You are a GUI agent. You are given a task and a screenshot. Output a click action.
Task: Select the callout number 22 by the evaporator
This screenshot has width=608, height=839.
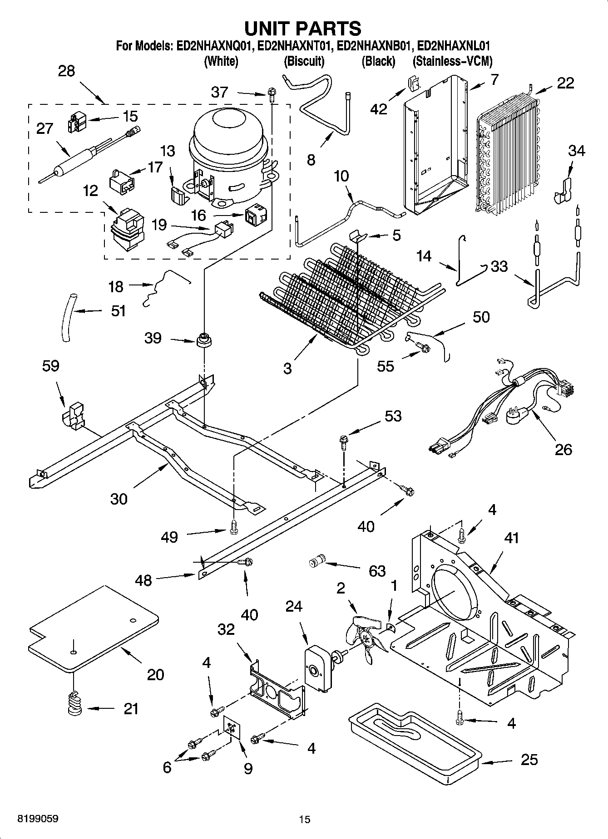click(565, 83)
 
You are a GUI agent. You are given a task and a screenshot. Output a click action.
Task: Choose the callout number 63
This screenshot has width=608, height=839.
click(377, 571)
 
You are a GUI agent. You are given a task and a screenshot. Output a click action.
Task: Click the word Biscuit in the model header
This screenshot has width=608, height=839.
click(304, 61)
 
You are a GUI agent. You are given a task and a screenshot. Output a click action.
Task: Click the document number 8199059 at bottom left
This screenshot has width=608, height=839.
click(38, 819)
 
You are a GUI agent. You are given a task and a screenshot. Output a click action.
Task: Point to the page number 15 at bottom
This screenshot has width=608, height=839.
click(304, 819)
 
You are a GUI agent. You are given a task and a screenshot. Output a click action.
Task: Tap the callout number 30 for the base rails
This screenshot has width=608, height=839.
click(119, 499)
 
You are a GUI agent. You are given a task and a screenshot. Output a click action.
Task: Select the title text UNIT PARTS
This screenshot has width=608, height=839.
click(303, 28)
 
